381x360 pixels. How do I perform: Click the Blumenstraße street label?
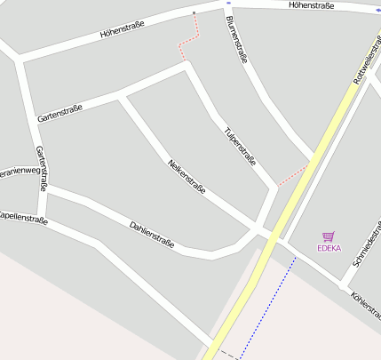tap(236, 40)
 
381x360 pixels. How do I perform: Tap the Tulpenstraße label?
tap(240, 147)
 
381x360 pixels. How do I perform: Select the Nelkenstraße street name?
tap(187, 176)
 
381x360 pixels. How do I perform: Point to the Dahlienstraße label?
tap(152, 235)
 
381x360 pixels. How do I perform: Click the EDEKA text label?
tap(329, 248)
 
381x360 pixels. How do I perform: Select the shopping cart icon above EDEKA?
tap(329, 236)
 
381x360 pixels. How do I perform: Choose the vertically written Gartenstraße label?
tap(40, 169)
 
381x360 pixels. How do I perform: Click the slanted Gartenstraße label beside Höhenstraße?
tap(60, 113)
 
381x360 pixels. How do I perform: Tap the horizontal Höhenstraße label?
tap(311, 5)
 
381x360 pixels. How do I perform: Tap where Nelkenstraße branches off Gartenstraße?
tap(122, 93)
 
